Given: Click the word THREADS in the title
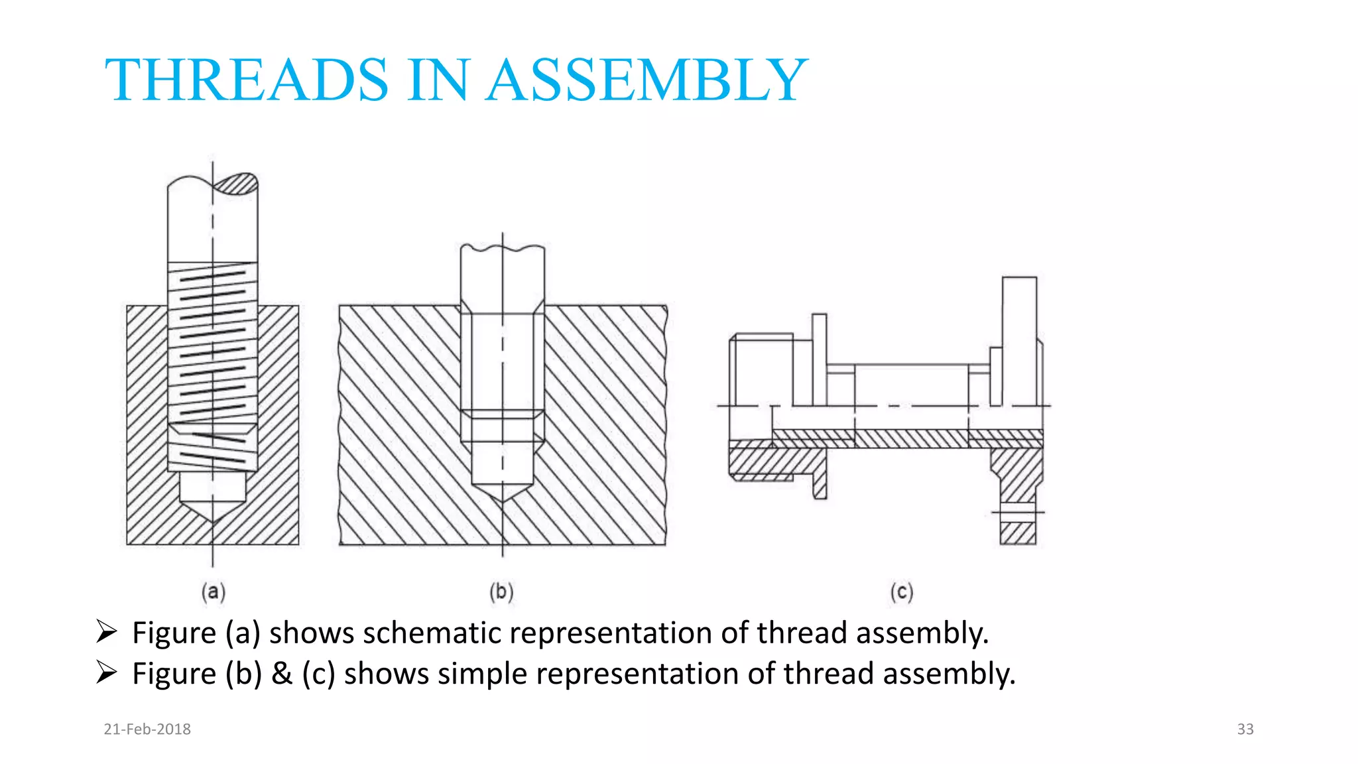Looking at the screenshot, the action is click(246, 80).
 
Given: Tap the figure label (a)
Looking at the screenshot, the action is click(213, 592).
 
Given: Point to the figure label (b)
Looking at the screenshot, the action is click(501, 592).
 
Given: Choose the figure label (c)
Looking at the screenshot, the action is click(901, 592).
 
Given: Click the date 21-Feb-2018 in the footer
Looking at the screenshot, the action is click(147, 729).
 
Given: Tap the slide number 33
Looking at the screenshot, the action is click(1245, 729).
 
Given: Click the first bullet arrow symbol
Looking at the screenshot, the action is click(106, 631).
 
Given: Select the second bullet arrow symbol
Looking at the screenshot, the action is click(106, 672).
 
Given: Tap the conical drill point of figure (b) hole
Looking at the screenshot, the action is click(502, 492).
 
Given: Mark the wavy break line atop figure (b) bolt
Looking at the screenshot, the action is click(502, 249).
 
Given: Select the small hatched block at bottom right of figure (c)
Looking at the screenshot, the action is click(1018, 533).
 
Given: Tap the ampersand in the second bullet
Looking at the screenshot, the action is click(282, 674).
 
